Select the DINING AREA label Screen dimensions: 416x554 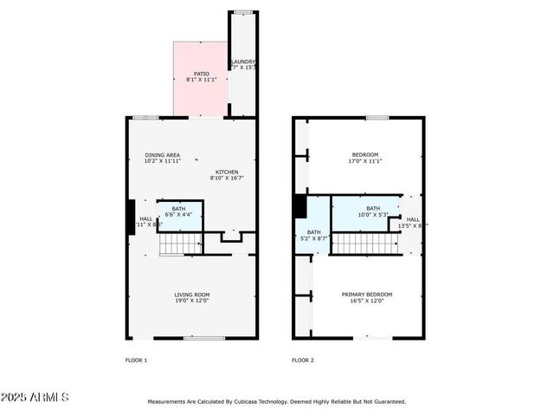point(162,155)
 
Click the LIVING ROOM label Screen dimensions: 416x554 point(191,295)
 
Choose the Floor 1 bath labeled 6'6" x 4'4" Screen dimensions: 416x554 point(178,211)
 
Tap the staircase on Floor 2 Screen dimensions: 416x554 point(364,244)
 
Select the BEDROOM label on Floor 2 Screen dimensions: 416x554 point(364,155)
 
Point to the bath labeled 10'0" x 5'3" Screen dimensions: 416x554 point(372,211)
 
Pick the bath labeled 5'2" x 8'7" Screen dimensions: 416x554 point(312,234)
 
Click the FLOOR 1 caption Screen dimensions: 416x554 point(137,360)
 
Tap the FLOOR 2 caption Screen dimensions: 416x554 point(302,360)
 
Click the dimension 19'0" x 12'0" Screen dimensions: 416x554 point(191,301)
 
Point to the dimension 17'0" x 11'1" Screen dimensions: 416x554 point(364,161)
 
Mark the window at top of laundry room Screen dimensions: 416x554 point(243,11)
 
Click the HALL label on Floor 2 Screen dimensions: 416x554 point(413,219)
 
